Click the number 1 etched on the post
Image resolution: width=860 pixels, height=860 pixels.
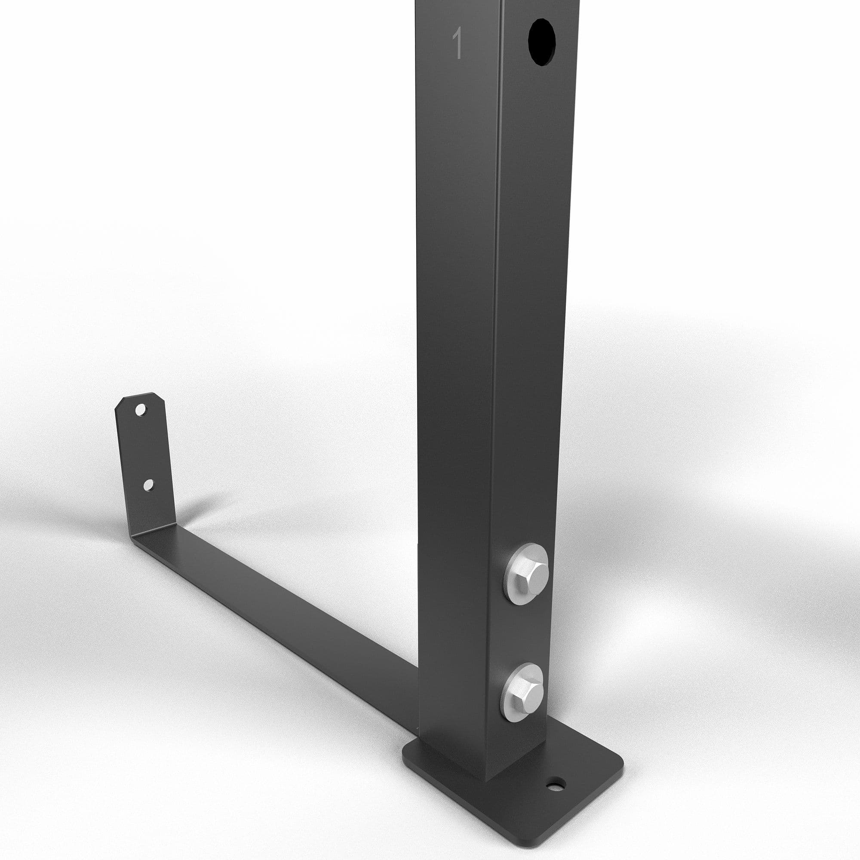(457, 43)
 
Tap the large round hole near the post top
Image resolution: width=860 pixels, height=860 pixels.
(542, 42)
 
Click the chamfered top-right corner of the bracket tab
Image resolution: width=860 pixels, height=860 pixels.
(161, 396)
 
